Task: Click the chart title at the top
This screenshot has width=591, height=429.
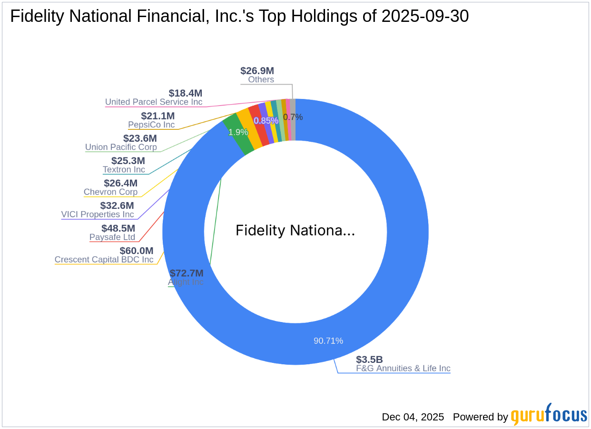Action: point(239,17)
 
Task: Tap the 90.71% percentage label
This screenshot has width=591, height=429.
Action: point(328,341)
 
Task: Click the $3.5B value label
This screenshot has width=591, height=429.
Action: point(369,359)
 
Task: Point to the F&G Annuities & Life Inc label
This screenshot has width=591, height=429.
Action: point(403,368)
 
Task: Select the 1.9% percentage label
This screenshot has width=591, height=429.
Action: point(238,132)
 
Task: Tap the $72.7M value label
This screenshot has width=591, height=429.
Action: point(187,273)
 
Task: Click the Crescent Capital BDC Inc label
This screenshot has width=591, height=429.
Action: point(104,260)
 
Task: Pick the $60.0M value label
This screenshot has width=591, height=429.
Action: point(136,251)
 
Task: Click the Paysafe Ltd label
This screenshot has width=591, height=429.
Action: point(112,237)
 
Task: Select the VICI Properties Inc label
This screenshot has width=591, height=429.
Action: point(98,214)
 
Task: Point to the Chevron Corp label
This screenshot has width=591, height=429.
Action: point(110,192)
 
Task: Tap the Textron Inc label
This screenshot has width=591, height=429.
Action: point(124,169)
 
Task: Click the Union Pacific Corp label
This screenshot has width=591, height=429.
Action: point(121,147)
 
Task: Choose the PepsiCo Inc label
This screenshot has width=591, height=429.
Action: point(151,125)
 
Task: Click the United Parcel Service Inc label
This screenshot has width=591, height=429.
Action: point(154,102)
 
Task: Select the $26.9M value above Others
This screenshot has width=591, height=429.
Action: point(257,71)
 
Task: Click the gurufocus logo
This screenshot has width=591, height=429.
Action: point(549,415)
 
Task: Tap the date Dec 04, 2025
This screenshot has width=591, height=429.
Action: point(413,417)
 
